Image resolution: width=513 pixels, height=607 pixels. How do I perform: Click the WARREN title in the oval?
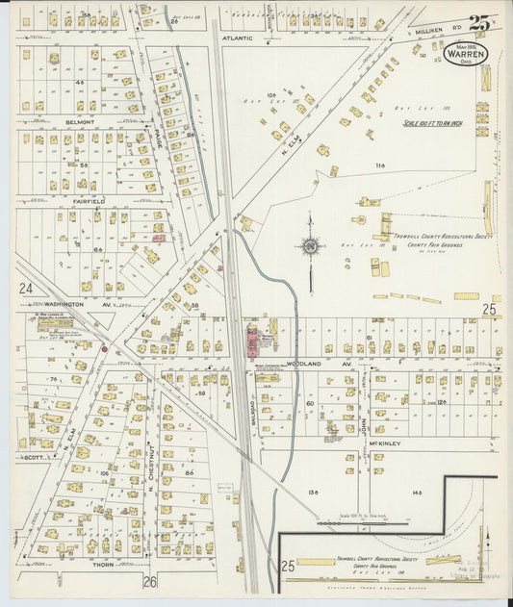point(466,55)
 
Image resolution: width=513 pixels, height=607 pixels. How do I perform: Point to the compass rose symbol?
point(310,245)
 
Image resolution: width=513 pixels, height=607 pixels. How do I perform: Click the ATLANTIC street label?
point(237,38)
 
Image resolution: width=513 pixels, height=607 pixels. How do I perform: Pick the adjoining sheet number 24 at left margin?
point(25,288)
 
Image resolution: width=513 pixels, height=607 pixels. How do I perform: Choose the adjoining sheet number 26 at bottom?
point(149,581)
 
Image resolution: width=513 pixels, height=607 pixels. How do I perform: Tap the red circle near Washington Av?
point(104,348)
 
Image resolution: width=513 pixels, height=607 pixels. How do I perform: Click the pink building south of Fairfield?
point(159,237)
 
